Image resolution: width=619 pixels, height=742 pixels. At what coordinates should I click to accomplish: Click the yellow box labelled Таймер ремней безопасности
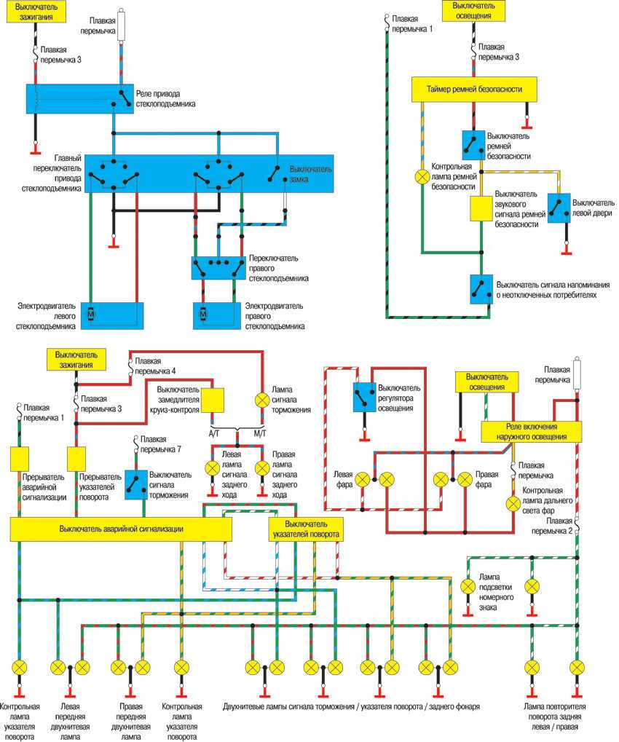pos(476,89)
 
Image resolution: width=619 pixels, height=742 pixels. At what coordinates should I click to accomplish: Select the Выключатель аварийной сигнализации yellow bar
pos(121,529)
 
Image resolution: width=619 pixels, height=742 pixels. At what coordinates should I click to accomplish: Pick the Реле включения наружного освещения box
pos(534,431)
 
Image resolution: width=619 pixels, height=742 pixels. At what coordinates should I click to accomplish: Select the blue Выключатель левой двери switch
pos(559,208)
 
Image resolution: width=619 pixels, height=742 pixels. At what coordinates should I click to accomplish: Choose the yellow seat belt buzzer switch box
pos(481,209)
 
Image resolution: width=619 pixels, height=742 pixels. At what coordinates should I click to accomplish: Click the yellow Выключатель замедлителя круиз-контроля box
pos(213,400)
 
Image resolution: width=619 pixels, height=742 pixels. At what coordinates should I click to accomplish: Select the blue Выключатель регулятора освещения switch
pos(363,397)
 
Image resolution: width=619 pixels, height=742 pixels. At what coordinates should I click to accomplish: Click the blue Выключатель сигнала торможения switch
pos(135,484)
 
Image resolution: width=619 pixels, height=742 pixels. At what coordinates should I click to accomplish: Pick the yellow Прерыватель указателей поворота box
pos(76,459)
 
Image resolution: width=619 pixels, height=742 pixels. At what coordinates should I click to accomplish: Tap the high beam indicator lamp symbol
pos(513,502)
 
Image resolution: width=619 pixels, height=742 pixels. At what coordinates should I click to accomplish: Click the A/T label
pos(214,434)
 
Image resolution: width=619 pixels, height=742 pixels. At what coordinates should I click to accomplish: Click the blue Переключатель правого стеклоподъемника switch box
pos(218,267)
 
